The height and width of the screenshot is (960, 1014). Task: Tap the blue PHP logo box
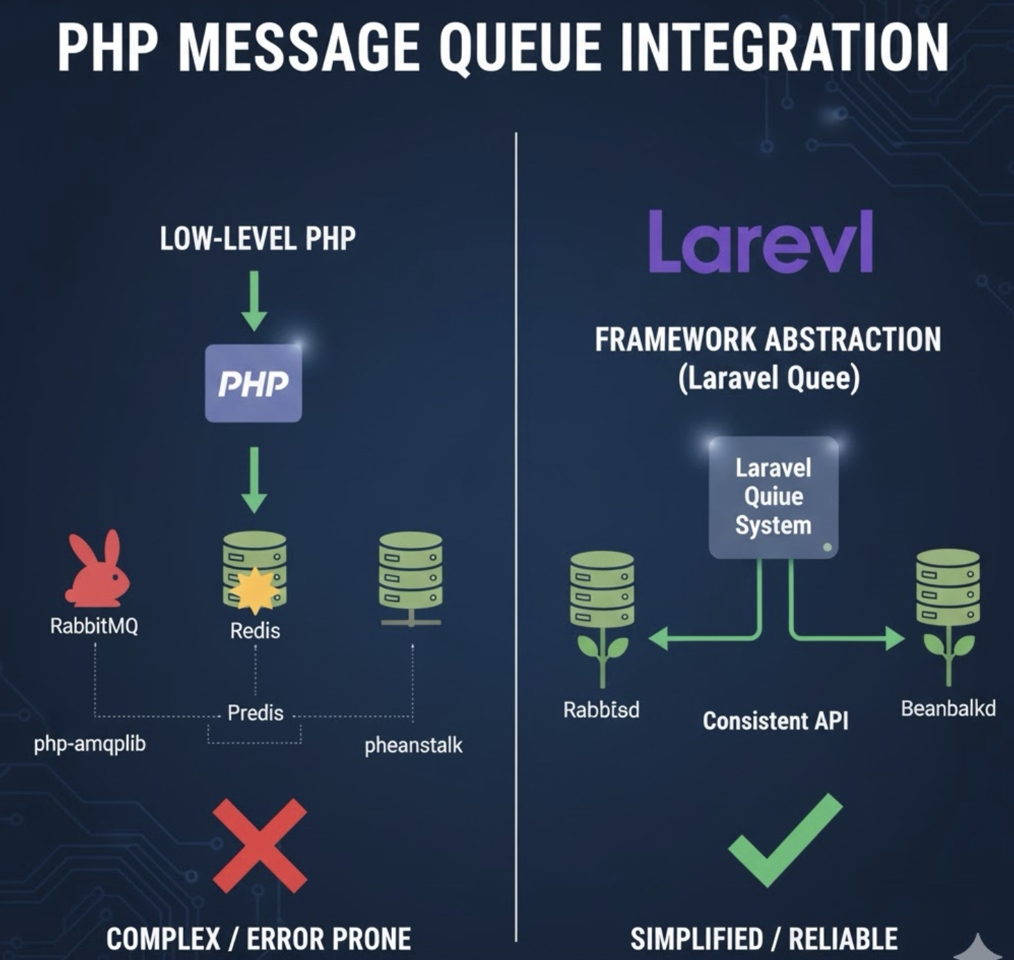[x=253, y=383]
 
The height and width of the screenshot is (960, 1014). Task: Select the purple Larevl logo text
[x=760, y=242]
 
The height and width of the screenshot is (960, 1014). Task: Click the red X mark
[x=259, y=846]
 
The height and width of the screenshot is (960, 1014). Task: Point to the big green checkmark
[x=785, y=840]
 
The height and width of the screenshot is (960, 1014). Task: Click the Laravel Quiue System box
[x=773, y=497]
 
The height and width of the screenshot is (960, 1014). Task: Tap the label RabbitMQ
[x=94, y=626]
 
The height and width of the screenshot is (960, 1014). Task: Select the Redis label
[x=255, y=631]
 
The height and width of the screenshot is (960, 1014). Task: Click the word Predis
[x=255, y=713]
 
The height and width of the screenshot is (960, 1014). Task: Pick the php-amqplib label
[x=90, y=744]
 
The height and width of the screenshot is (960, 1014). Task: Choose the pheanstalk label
[x=413, y=746]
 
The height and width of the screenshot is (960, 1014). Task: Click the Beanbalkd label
[x=948, y=708]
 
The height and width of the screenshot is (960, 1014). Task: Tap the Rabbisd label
[x=601, y=710]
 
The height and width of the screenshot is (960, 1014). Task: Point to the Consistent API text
[x=775, y=721]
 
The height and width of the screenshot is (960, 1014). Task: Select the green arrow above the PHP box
[x=254, y=301]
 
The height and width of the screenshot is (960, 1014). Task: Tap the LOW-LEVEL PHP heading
[x=257, y=239]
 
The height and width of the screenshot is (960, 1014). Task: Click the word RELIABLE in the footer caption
[x=843, y=939]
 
